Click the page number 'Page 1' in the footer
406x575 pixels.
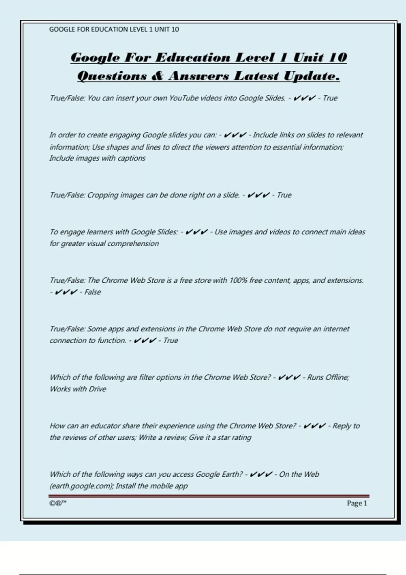[x=357, y=503]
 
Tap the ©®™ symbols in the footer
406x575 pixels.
[x=58, y=503]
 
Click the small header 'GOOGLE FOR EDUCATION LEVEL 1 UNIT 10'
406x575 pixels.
[x=114, y=29]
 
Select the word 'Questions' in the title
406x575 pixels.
[x=112, y=76]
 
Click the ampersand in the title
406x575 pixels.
[x=157, y=76]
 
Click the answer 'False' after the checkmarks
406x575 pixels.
[x=92, y=292]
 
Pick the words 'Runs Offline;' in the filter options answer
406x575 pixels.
[x=328, y=377]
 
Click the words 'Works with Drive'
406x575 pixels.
[x=78, y=389]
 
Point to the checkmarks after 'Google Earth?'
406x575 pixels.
[x=261, y=475]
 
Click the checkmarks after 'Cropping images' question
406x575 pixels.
[x=258, y=195]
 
